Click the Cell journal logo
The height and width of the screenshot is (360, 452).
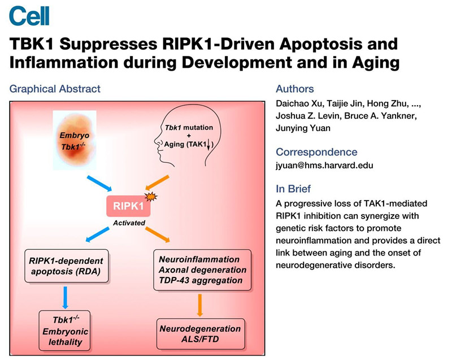(x=29, y=15)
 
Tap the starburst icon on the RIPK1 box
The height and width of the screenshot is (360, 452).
(x=150, y=197)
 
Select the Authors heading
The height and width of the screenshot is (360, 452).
(x=294, y=89)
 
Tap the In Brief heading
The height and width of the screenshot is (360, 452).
(x=293, y=188)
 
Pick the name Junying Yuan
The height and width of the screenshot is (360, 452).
(x=302, y=128)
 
